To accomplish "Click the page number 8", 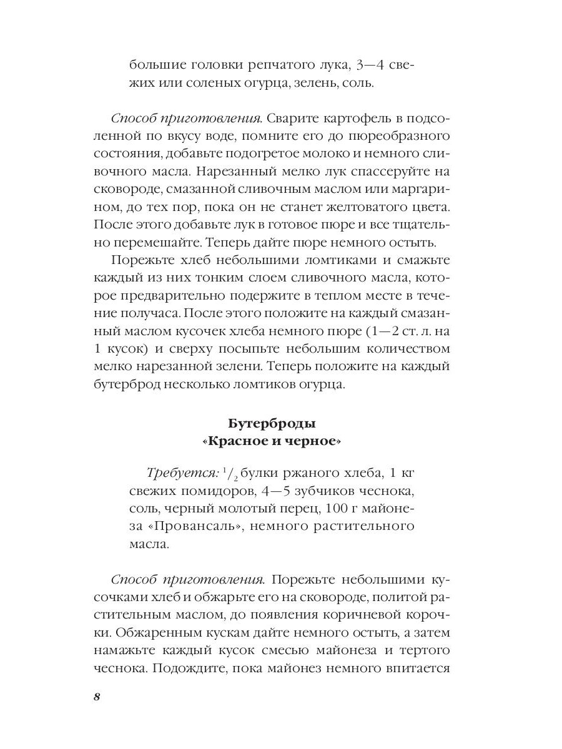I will [97, 697].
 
